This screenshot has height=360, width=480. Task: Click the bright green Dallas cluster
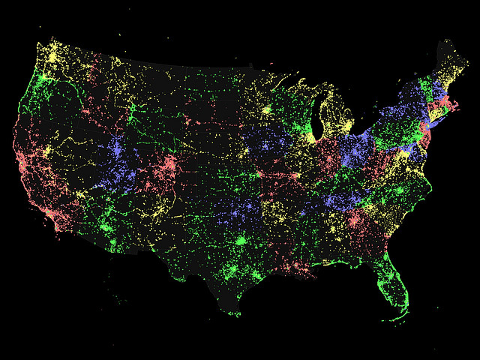pyautogui.click(x=241, y=241)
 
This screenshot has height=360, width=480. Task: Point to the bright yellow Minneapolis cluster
pyautogui.click(x=265, y=110)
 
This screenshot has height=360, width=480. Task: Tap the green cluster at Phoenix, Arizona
pyautogui.click(x=112, y=244)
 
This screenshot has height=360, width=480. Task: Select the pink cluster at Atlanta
pyautogui.click(x=353, y=220)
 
